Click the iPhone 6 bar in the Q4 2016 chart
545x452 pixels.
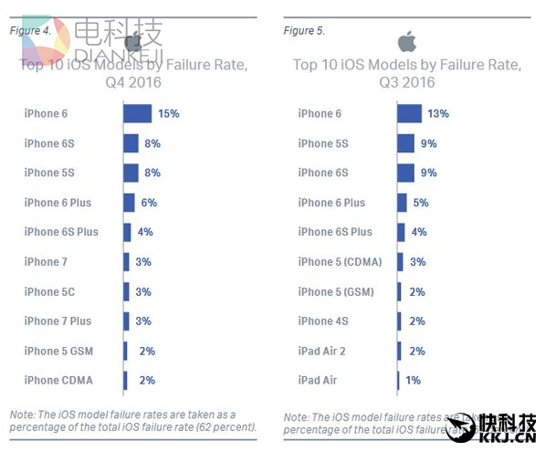[x=137, y=113]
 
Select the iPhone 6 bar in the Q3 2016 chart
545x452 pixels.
[x=409, y=113]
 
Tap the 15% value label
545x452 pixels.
[x=168, y=113]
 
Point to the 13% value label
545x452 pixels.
[x=438, y=113]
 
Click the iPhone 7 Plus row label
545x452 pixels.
[x=58, y=321]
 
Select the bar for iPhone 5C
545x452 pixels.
[x=126, y=291]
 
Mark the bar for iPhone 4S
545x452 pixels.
[x=399, y=321]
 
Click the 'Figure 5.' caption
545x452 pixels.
[x=304, y=30]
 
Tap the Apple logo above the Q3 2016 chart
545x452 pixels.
[x=407, y=41]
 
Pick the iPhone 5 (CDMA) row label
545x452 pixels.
[x=340, y=261]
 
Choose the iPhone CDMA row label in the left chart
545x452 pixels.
[x=58, y=380]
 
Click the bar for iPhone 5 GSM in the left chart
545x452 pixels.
[x=125, y=351]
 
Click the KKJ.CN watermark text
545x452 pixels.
[x=507, y=440]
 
